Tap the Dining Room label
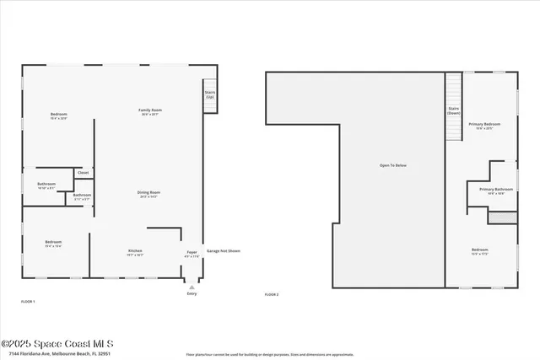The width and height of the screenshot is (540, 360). coord(148,194)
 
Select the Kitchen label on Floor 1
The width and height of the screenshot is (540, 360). coord(134,252)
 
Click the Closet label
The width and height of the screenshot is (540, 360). coord(83,173)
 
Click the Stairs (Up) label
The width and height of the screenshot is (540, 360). coord(209,94)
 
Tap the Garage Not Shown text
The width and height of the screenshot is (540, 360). coord(224,250)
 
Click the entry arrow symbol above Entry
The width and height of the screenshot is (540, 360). coord(191,287)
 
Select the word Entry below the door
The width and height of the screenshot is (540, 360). coord(191,293)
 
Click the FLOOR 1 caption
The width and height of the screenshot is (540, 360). coord(28,301)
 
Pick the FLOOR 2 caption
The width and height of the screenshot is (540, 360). coord(271,294)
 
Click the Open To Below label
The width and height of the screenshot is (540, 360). coord(392,165)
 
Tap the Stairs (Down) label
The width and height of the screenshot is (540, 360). coord(453,110)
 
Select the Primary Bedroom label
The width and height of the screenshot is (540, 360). coord(484,126)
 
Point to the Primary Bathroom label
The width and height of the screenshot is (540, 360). coord(496,191)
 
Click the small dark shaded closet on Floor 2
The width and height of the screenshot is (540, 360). coord(501,218)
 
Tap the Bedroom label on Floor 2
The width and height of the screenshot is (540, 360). coord(479,251)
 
